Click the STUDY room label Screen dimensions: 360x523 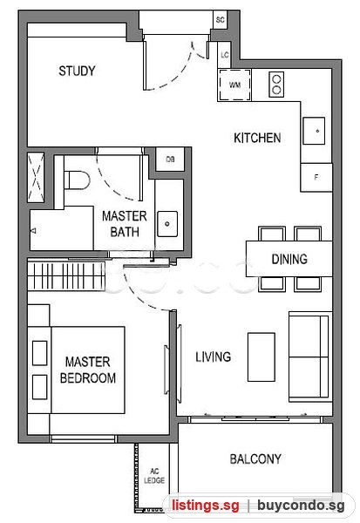coord(77,71)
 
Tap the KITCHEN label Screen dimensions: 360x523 coord(257,138)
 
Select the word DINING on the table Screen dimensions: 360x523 coord(289,259)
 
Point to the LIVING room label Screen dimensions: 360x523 coord(214,357)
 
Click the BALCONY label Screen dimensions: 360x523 coord(255,459)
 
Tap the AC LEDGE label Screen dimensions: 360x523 coord(154,476)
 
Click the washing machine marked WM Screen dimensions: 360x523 coord(234,85)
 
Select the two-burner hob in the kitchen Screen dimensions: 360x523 coord(276,85)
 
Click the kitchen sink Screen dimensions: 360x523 coord(314,131)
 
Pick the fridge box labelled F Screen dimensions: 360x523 coord(316,178)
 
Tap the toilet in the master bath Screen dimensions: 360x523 coord(77,180)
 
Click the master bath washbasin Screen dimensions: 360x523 coord(167,224)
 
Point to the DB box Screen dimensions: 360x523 coord(170,160)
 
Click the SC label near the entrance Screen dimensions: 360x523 coord(221,20)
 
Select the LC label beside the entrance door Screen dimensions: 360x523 coord(225,54)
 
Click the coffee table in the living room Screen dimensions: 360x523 coord(262,357)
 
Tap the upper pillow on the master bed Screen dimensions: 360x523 coord(40,353)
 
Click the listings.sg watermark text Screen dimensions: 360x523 coord(206,506)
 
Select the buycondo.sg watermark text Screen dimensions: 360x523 coord(301,506)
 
